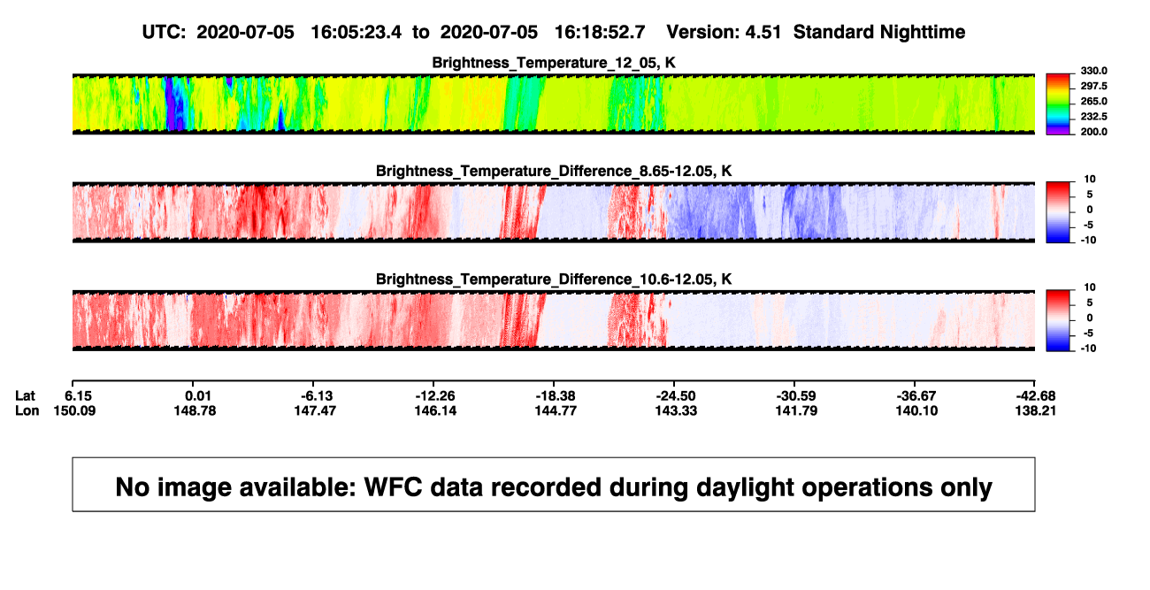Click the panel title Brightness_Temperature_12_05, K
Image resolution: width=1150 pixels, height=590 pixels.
(554, 63)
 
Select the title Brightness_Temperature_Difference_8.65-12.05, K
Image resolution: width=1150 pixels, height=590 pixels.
(554, 171)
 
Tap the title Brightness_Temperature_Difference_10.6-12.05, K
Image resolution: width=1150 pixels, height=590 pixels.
(554, 280)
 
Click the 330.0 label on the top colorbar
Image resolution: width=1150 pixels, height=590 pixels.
(1093, 71)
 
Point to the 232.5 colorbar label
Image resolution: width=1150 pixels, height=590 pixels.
(1093, 117)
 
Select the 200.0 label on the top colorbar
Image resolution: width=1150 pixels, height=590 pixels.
(1093, 132)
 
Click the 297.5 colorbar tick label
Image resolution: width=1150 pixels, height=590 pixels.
(1093, 87)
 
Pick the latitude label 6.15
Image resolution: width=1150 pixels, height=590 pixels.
(78, 396)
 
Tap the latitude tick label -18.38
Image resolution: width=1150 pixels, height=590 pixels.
(556, 396)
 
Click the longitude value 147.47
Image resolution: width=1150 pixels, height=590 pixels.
(315, 410)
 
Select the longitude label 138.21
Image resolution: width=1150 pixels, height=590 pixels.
(1035, 410)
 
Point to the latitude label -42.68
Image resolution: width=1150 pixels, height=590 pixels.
(1036, 396)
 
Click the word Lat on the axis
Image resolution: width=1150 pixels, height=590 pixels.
(25, 396)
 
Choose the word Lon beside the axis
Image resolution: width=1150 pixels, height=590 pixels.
(27, 410)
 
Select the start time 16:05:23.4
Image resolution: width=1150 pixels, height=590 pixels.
(356, 32)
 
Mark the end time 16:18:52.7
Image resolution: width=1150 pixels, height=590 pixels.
(600, 32)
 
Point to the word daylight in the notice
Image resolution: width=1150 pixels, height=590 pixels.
(744, 487)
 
